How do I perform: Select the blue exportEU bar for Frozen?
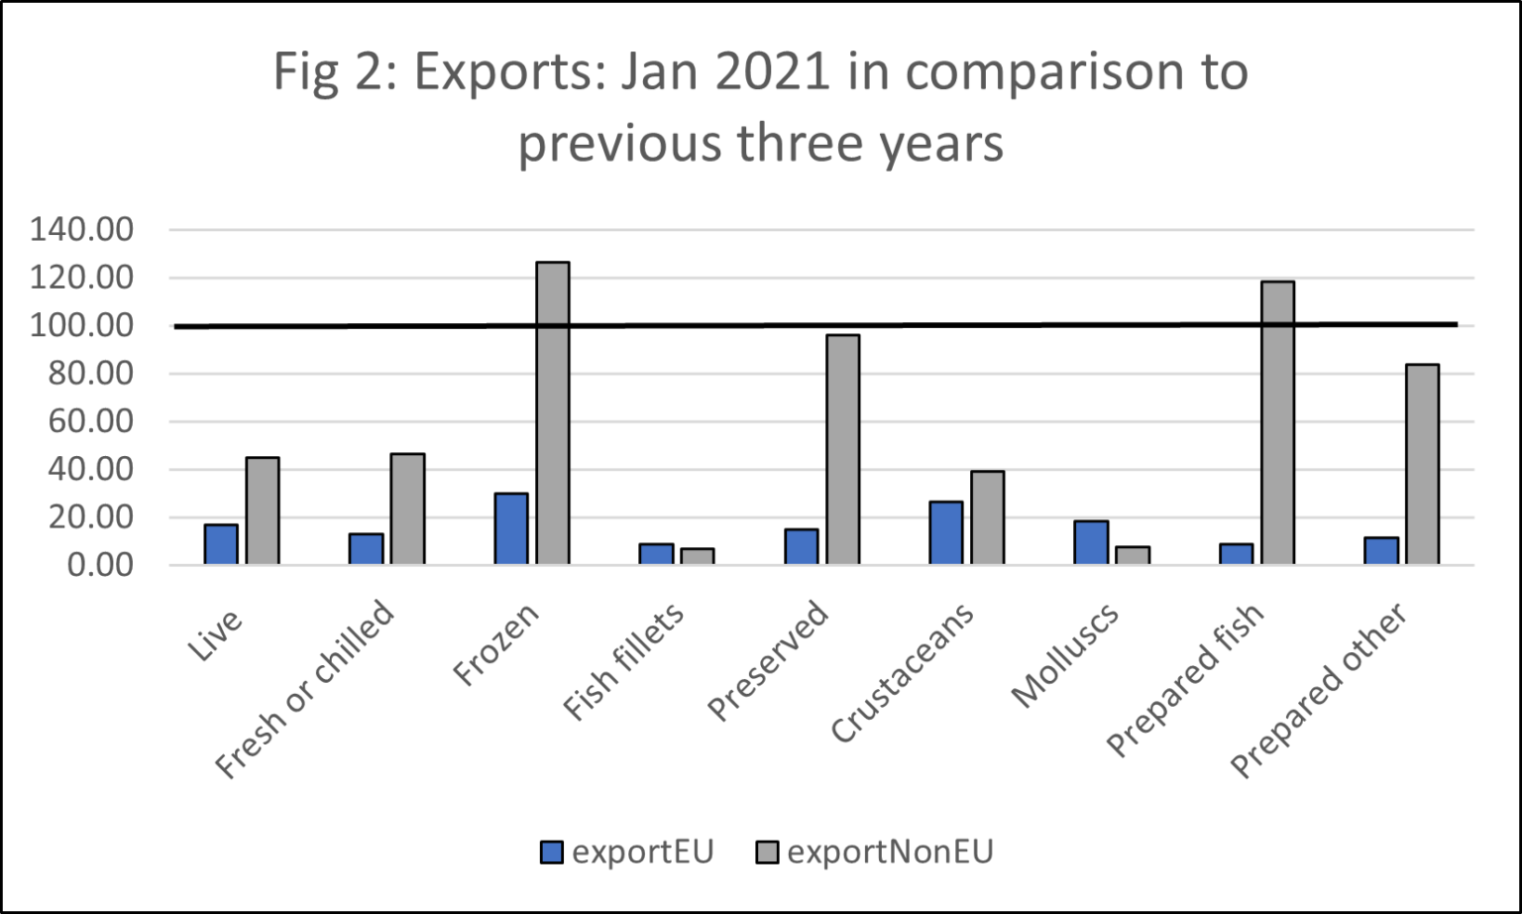[x=511, y=529]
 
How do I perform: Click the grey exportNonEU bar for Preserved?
[x=842, y=450]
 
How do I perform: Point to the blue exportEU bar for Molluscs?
[x=1091, y=542]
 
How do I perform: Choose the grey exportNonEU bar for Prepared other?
[x=1422, y=465]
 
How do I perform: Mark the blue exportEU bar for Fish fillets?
[x=656, y=554]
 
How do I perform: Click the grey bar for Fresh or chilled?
[x=407, y=510]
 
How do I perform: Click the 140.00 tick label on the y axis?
[x=81, y=230]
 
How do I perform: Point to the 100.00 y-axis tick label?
[x=81, y=326]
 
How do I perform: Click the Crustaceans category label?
[x=903, y=673]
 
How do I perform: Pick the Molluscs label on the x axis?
[x=1065, y=655]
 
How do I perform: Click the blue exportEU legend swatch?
[x=552, y=853]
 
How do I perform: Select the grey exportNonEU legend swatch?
[x=767, y=853]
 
